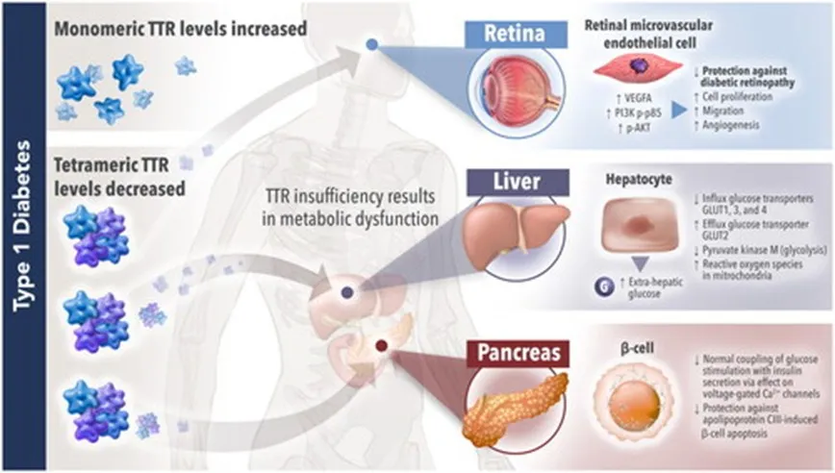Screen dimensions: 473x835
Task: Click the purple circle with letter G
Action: (602, 286)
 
